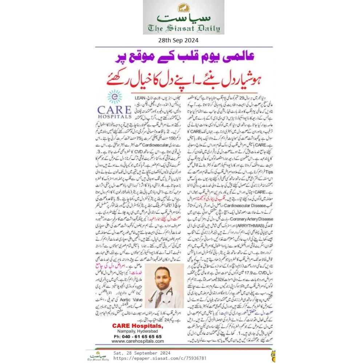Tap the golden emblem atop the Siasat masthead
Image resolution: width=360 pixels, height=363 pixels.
(x=183, y=8)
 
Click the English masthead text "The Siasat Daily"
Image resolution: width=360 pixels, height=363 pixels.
(x=184, y=28)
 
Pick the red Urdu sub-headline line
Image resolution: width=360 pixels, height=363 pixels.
(x=182, y=77)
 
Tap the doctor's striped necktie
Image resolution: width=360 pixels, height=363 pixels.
(x=159, y=299)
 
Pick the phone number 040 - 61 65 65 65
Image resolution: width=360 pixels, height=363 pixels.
(x=137, y=336)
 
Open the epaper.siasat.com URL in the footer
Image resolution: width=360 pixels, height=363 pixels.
(x=160, y=358)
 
